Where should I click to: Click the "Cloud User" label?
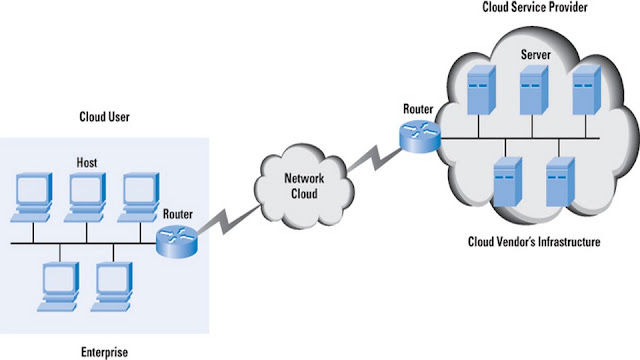[x=104, y=117]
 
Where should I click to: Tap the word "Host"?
[x=87, y=162]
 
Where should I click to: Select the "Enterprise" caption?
[x=104, y=352]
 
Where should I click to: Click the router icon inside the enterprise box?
[x=177, y=242]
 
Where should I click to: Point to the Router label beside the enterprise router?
[x=178, y=214]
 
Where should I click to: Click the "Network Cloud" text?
[x=304, y=186]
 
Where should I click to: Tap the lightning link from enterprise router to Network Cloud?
[x=229, y=221]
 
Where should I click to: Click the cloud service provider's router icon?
[x=420, y=137]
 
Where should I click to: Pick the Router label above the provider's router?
[x=418, y=109]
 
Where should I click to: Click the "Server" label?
[x=536, y=55]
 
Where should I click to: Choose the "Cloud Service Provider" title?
[x=535, y=7]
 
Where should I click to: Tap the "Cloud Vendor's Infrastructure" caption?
[x=534, y=242]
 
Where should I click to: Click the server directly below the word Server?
[x=534, y=90]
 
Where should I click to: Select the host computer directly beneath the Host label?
[x=86, y=198]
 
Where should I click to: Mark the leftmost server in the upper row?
[x=481, y=90]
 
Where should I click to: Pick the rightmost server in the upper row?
[x=587, y=90]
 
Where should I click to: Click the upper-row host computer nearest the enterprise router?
[x=139, y=198]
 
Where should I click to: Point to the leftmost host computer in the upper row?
[x=32, y=198]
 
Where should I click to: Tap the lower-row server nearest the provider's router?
[x=508, y=182]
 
